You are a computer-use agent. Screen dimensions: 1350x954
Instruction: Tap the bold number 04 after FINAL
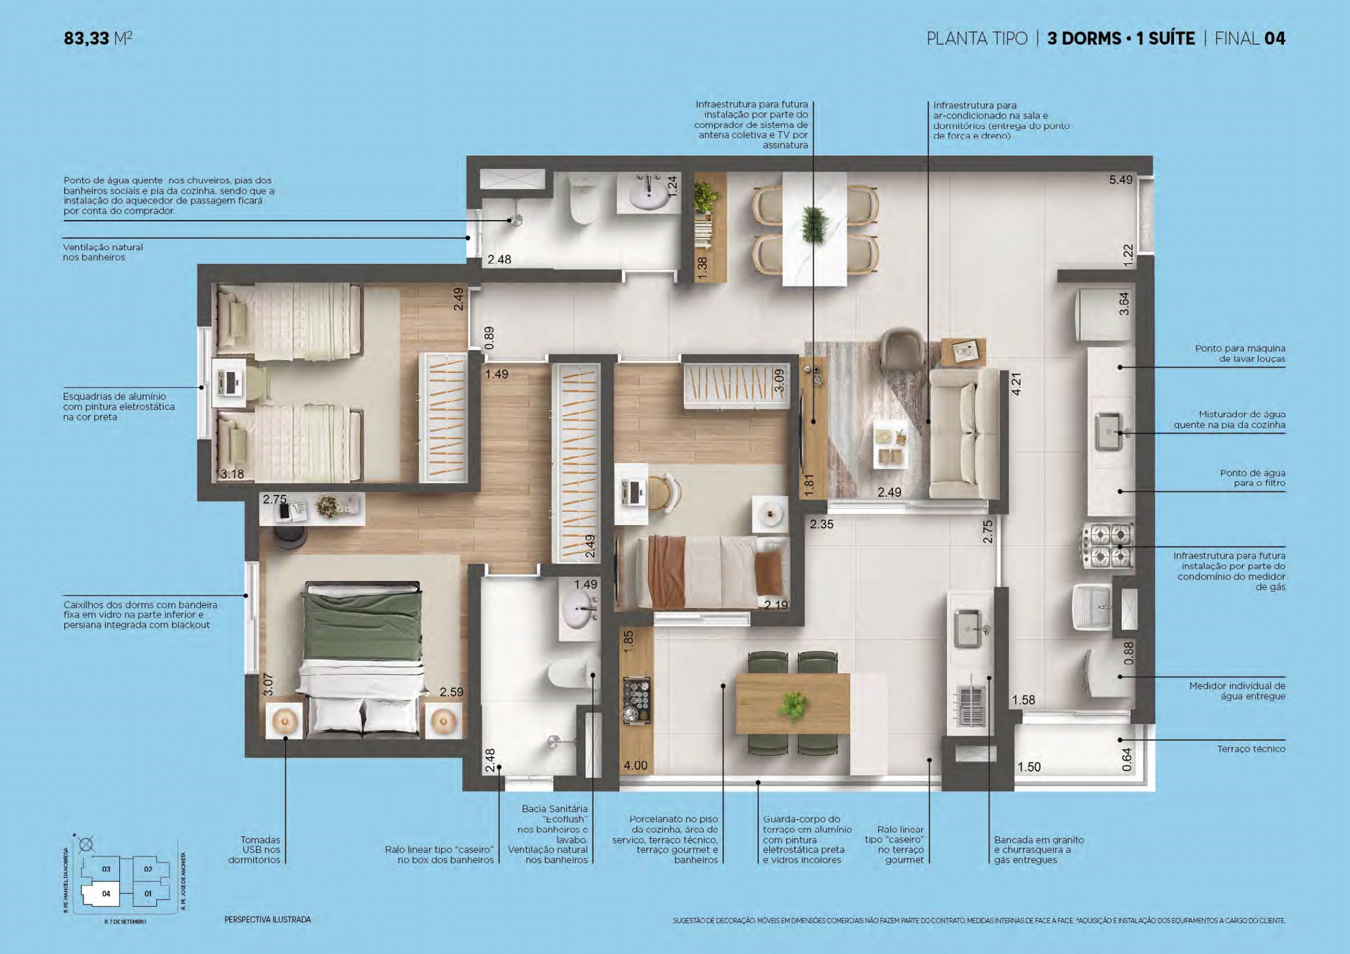coord(1275,39)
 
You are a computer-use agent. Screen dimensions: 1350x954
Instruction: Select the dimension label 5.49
coord(1121,180)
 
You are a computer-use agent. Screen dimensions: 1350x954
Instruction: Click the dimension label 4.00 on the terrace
coord(636,765)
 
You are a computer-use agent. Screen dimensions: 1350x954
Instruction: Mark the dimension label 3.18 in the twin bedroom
coord(232,474)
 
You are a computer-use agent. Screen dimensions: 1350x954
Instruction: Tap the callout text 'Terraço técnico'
coord(1251,749)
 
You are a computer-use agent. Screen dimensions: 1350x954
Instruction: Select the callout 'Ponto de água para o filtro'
coord(1253,478)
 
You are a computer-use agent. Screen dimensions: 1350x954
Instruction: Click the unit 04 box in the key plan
coord(106,894)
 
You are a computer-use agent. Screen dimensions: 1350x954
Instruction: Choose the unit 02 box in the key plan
coord(148,869)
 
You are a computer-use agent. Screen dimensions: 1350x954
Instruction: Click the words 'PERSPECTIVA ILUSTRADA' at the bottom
coord(268,920)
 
